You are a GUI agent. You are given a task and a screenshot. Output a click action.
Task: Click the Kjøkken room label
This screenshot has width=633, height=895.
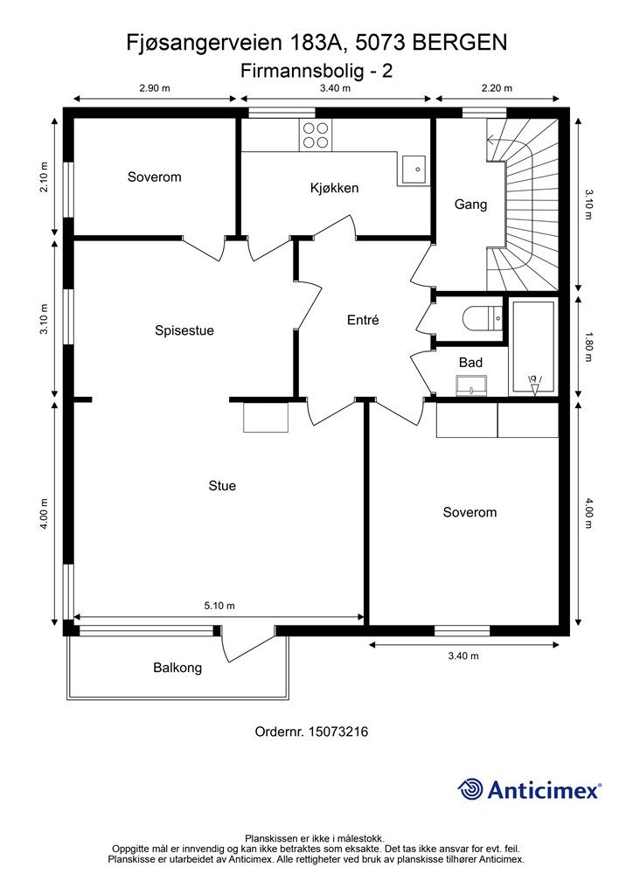click(x=335, y=189)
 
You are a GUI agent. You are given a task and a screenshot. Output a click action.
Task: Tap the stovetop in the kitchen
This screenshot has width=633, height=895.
click(x=315, y=135)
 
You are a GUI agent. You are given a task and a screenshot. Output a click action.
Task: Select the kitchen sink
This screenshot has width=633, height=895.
click(x=414, y=170)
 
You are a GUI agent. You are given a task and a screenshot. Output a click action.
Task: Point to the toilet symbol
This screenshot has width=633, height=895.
click(x=483, y=318)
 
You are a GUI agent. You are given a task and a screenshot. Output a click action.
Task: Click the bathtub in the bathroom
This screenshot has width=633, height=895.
click(x=533, y=346)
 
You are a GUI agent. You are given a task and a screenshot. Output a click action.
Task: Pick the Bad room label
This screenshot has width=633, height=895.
click(x=470, y=363)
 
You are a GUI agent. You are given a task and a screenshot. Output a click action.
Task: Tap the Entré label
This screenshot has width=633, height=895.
click(x=363, y=320)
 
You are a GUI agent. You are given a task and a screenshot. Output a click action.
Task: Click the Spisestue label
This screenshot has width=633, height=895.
click(x=184, y=331)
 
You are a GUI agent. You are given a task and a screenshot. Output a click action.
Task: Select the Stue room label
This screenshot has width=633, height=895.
click(x=222, y=486)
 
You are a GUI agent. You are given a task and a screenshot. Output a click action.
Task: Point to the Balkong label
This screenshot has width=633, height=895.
click(x=177, y=668)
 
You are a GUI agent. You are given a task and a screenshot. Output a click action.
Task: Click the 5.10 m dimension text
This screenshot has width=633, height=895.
click(x=219, y=606)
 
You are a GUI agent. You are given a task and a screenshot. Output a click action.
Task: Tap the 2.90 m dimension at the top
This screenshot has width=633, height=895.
click(x=155, y=88)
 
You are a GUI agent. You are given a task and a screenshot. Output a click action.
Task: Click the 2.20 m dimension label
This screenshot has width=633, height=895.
click(x=497, y=88)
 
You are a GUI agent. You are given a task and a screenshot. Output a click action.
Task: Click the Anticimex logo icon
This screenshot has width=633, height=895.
click(x=470, y=790)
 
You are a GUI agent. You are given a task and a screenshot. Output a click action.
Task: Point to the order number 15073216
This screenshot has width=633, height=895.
click(x=337, y=732)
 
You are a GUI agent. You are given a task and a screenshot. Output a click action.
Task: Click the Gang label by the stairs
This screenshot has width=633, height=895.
click(x=471, y=205)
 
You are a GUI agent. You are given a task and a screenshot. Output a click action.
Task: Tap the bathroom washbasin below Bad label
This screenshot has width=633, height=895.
click(x=471, y=385)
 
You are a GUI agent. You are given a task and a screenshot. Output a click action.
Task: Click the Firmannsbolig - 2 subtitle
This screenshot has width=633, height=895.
click(x=316, y=71)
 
